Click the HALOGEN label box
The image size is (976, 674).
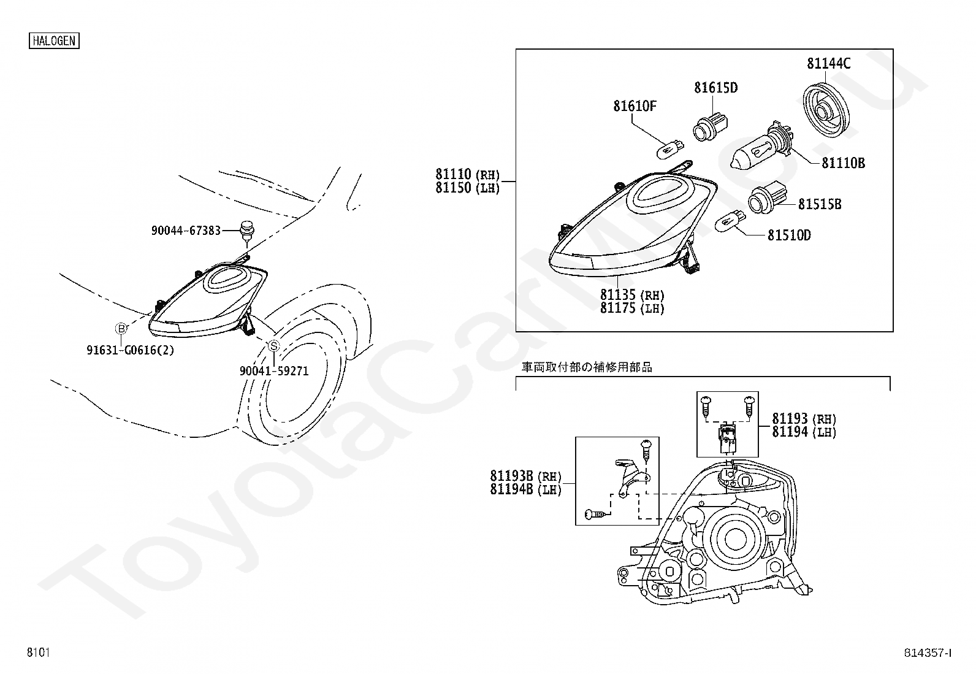click(54, 41)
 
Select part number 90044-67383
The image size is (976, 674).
click(186, 231)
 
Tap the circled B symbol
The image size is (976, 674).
click(121, 329)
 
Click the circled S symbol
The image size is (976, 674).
click(273, 346)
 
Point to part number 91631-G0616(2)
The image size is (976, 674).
click(130, 350)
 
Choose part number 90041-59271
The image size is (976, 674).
click(273, 371)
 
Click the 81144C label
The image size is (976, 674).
click(828, 63)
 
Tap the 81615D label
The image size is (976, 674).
click(715, 88)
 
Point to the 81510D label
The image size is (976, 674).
click(789, 235)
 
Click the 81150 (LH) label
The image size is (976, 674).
click(468, 188)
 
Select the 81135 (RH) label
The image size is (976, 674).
click(632, 295)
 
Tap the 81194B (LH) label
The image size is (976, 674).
click(525, 489)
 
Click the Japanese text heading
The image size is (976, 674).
click(587, 367)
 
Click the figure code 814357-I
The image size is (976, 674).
click(928, 653)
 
